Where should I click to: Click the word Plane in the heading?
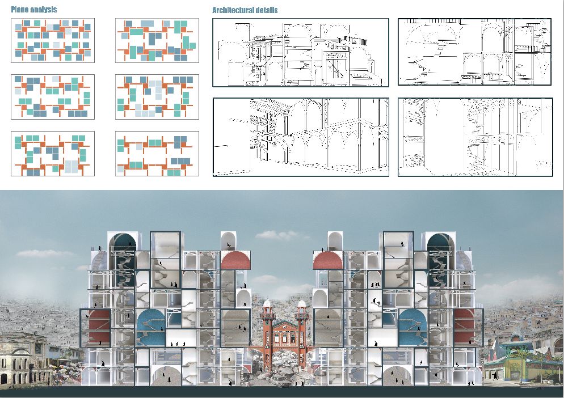[x=20, y=9]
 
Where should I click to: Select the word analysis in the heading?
[x=44, y=9]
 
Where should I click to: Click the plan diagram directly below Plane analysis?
[x=53, y=41]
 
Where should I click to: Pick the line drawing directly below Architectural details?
[x=301, y=53]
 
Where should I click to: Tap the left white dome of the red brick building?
[x=267, y=303]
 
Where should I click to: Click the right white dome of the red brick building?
[x=302, y=303]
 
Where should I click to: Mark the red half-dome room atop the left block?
[x=235, y=260]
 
